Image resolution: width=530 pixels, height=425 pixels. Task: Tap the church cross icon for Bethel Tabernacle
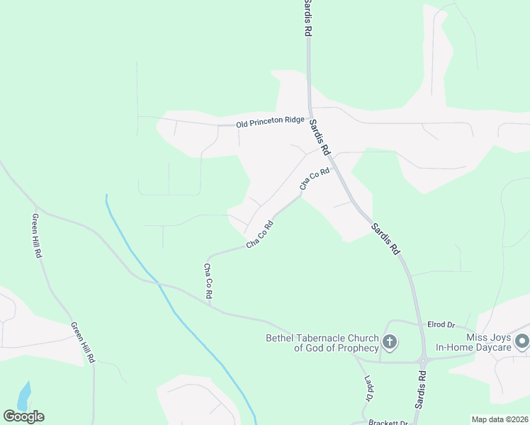(x=389, y=343)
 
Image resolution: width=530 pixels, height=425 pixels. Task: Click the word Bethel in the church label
(x=281, y=337)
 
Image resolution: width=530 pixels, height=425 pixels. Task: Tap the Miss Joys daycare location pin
(x=522, y=342)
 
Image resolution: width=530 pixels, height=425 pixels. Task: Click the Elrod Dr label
(x=441, y=324)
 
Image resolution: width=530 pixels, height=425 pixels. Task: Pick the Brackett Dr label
(x=389, y=422)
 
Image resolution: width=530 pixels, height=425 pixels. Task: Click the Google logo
(x=23, y=416)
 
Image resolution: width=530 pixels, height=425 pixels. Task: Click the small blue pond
(x=24, y=396)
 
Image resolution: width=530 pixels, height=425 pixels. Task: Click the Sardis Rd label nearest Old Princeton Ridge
(x=320, y=138)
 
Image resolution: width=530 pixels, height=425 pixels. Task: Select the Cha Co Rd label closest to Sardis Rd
(x=315, y=178)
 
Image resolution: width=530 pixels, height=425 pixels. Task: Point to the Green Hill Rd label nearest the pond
(x=82, y=343)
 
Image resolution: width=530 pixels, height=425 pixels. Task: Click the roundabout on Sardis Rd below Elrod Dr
(x=423, y=361)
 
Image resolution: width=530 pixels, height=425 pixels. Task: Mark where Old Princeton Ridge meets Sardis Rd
(x=309, y=122)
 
